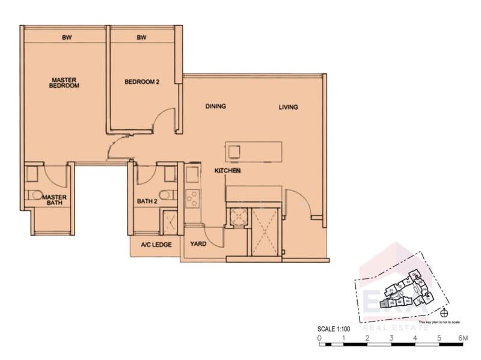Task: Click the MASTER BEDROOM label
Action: coord(65,82)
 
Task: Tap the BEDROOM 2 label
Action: coord(141,82)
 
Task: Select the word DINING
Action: coord(215,106)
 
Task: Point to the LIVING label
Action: coord(289,108)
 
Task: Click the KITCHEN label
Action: coord(228,171)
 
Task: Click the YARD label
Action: coord(199,245)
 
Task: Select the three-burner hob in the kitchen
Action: coord(194,197)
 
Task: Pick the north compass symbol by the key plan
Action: coord(444,312)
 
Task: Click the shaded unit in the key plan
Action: coord(384,304)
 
